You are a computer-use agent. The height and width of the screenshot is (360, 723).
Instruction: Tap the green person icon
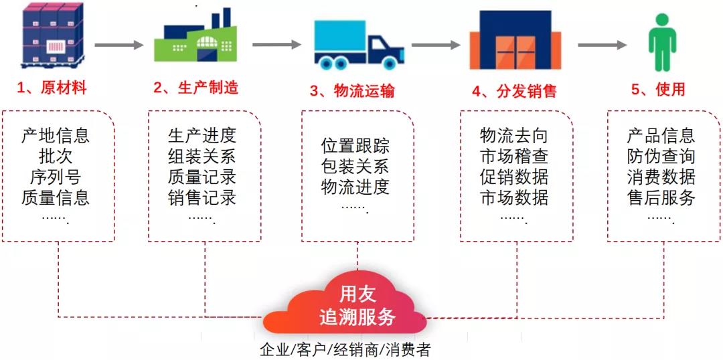(x=662, y=42)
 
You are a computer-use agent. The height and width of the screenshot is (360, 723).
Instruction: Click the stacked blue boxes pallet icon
(x=52, y=35)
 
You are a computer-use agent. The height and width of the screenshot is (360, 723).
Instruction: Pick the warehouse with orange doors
(x=515, y=40)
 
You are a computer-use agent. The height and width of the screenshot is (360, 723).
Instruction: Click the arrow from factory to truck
(x=276, y=45)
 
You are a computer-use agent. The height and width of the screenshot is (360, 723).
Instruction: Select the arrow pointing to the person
(x=602, y=45)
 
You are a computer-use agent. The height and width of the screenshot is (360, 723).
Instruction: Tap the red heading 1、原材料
(x=52, y=88)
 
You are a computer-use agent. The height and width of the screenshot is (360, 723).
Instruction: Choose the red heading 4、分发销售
(x=514, y=91)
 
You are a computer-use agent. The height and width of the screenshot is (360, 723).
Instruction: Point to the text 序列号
(x=56, y=177)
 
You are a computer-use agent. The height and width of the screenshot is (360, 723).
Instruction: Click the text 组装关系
(x=202, y=157)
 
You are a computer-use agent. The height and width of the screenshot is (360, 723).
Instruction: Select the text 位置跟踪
(x=355, y=146)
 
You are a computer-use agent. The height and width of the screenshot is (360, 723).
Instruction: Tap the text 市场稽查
(x=514, y=157)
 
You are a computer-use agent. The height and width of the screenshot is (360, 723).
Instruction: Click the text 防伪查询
(x=661, y=157)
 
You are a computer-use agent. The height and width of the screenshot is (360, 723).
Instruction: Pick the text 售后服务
(x=661, y=198)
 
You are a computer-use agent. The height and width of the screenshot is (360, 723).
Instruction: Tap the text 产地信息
(x=56, y=136)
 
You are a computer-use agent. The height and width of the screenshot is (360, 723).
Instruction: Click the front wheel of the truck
(x=390, y=62)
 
